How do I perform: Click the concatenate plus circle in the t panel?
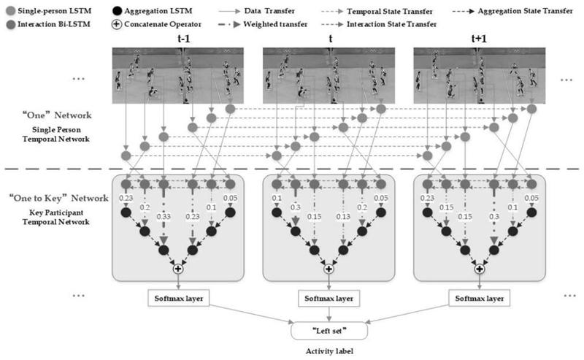click(328, 269)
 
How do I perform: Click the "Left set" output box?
click(328, 329)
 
